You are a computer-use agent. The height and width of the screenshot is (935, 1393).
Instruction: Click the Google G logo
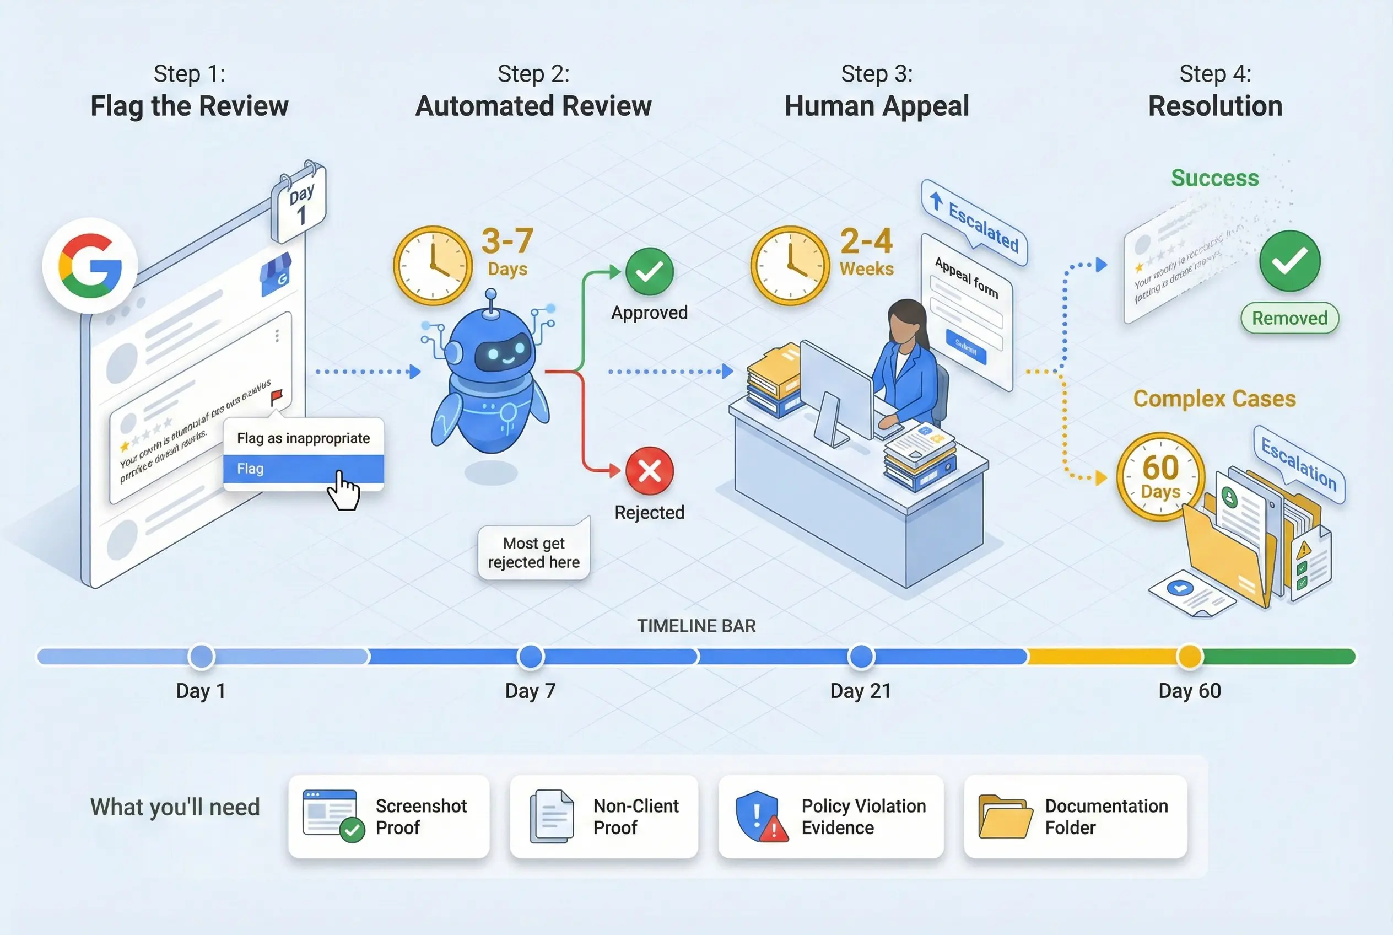coord(90,266)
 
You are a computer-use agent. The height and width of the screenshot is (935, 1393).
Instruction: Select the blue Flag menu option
coord(304,469)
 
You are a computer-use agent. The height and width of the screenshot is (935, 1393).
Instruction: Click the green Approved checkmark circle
coord(649,272)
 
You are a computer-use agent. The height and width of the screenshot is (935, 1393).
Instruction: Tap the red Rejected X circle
coord(649,471)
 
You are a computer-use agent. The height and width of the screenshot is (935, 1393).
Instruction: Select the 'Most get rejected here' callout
coord(533,553)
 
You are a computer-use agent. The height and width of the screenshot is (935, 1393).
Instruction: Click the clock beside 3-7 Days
coord(433,265)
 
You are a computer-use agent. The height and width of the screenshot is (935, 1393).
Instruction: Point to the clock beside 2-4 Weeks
coord(790,265)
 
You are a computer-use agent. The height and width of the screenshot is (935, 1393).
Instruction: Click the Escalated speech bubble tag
coord(975,224)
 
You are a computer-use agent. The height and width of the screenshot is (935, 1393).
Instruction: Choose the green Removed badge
coord(1289,319)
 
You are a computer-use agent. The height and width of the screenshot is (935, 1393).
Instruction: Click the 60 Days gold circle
coord(1160,476)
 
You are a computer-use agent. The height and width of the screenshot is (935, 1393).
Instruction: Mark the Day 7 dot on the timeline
coord(531,657)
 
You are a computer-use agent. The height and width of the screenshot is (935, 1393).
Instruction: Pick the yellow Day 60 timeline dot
coord(1190,657)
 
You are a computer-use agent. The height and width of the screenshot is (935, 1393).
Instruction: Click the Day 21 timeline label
coord(861,691)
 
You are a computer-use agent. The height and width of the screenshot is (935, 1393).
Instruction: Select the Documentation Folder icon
coord(1006,816)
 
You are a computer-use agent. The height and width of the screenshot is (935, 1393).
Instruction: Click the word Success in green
coord(1215,178)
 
